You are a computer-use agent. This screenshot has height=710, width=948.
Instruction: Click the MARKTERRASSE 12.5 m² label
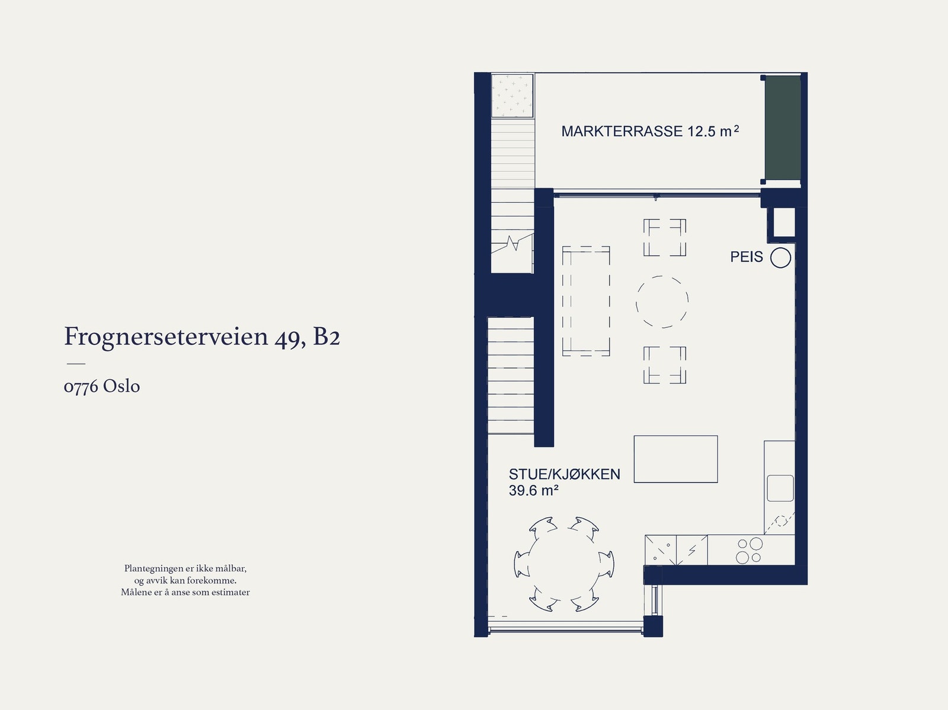[x=649, y=131]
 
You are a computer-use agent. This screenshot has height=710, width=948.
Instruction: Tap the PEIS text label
[x=747, y=257]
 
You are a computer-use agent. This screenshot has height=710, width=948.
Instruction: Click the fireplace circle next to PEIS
[x=780, y=258]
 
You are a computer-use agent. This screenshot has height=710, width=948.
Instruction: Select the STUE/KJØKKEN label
[x=564, y=474]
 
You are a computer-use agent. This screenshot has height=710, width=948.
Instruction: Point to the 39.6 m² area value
[x=533, y=491]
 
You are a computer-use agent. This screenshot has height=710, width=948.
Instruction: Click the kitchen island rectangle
[x=675, y=459]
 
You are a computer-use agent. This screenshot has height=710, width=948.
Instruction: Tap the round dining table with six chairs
[x=564, y=564]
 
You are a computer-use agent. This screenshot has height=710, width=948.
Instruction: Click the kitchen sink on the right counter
[x=780, y=488]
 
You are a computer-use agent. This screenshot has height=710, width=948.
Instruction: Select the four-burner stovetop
[x=749, y=550]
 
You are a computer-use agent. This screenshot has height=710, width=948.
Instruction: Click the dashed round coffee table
[x=662, y=302]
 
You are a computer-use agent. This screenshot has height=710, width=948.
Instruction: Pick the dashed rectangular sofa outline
[x=586, y=301]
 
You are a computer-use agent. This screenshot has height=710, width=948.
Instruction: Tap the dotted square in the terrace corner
[x=513, y=95]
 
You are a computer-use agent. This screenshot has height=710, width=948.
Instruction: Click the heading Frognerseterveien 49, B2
[x=202, y=337]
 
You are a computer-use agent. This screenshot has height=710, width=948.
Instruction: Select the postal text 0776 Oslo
[x=102, y=386]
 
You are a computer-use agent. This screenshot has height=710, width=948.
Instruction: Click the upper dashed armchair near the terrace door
[x=665, y=237]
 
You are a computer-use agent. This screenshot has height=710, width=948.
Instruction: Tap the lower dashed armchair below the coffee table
[x=665, y=365]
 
